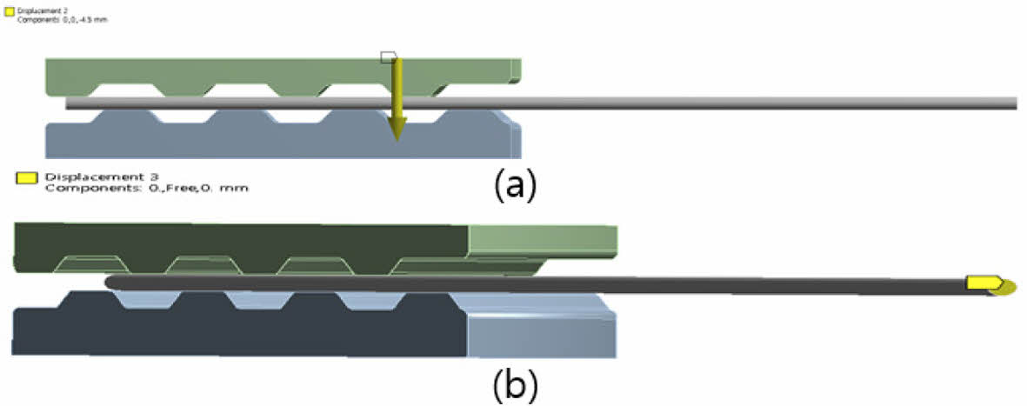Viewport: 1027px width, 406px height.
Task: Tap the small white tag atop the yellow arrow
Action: (x=390, y=57)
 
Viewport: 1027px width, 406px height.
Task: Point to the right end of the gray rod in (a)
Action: (x=1014, y=103)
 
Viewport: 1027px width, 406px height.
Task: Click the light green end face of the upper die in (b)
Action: (x=542, y=242)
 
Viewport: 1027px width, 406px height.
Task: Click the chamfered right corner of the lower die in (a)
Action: (x=508, y=117)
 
